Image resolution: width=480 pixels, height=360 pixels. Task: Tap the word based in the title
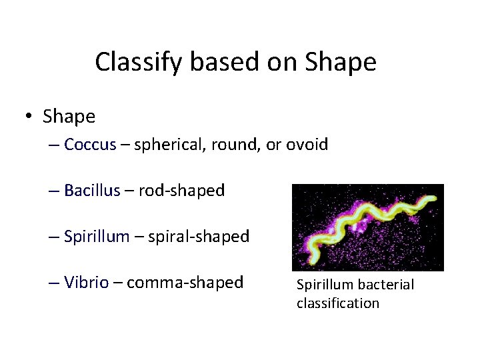pyautogui.click(x=216, y=62)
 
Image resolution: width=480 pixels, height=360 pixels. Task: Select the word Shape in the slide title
pyautogui.click(x=340, y=62)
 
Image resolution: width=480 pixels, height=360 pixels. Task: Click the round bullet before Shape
pyautogui.click(x=31, y=117)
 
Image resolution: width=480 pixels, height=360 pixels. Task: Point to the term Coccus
pyautogui.click(x=90, y=145)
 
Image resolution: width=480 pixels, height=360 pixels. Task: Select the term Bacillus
pyautogui.click(x=92, y=191)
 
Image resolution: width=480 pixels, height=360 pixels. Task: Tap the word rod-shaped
pyautogui.click(x=181, y=191)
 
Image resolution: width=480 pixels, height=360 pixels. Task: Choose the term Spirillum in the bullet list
pyautogui.click(x=97, y=237)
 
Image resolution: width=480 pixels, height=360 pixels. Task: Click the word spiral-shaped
pyautogui.click(x=198, y=237)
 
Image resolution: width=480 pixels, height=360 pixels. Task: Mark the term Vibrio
pyautogui.click(x=86, y=283)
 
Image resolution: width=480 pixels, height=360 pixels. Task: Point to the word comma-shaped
pyautogui.click(x=185, y=283)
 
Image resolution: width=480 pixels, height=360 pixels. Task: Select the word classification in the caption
pyautogui.click(x=337, y=303)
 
